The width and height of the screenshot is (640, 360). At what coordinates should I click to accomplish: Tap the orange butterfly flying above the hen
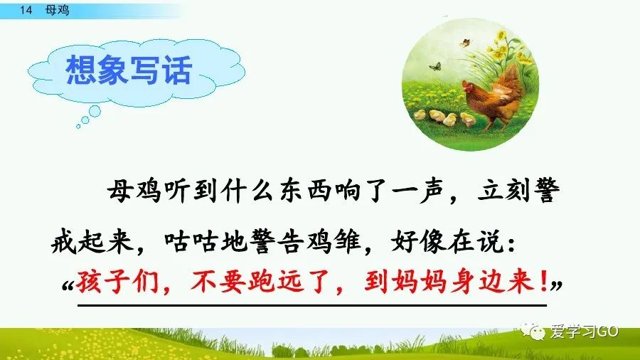click(x=465, y=42)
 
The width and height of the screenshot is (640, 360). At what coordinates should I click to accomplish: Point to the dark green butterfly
click(x=434, y=65)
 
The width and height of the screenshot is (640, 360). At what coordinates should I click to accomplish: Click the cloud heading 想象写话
click(x=129, y=70)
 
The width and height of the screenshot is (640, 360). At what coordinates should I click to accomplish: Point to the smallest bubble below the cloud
click(x=78, y=127)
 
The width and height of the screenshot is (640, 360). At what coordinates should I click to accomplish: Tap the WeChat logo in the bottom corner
click(x=532, y=329)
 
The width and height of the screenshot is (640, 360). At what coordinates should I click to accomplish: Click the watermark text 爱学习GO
click(x=585, y=331)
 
